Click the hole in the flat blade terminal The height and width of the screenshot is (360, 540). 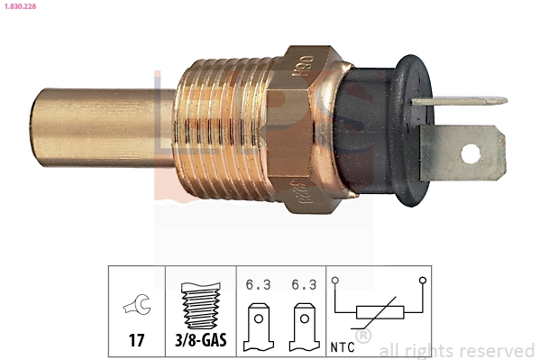point(471,152)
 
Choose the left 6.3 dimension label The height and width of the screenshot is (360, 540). point(258,284)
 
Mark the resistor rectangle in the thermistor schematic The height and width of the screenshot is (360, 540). point(378,313)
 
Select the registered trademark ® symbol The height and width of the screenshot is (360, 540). point(362,337)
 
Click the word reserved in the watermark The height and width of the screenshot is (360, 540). point(497,350)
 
